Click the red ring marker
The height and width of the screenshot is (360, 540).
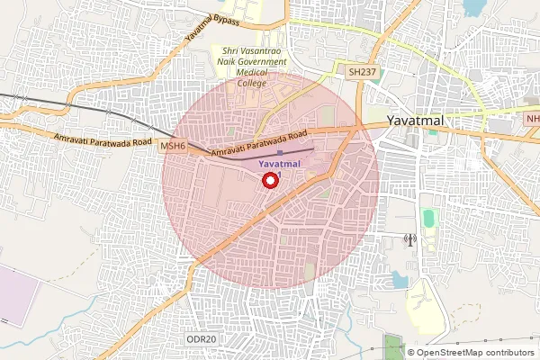click(269, 181)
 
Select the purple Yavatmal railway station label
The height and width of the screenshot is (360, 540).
click(280, 165)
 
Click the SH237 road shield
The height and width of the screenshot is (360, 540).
click(360, 69)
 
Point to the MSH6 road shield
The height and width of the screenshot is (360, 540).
click(172, 144)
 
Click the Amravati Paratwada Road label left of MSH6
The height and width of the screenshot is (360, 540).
click(103, 139)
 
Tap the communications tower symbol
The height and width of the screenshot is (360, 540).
click(409, 240)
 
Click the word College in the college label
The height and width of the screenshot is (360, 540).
click(252, 83)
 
